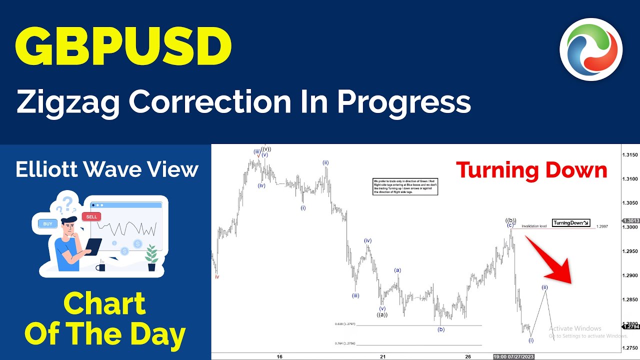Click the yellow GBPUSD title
pos(123,46)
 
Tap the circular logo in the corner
pos(591,49)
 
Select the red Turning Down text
pos(531,171)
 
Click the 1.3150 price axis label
pos(630,155)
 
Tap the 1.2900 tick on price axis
pos(630,275)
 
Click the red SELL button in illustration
pos(91,216)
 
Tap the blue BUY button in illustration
pos(47,224)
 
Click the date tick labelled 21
pos(382,356)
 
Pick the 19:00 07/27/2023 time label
pos(513,356)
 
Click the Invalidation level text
pos(534,226)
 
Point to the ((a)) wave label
pos(382,314)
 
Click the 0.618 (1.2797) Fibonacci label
pos(344,324)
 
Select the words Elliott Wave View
pos(107,170)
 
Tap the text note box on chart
pos(405,186)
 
